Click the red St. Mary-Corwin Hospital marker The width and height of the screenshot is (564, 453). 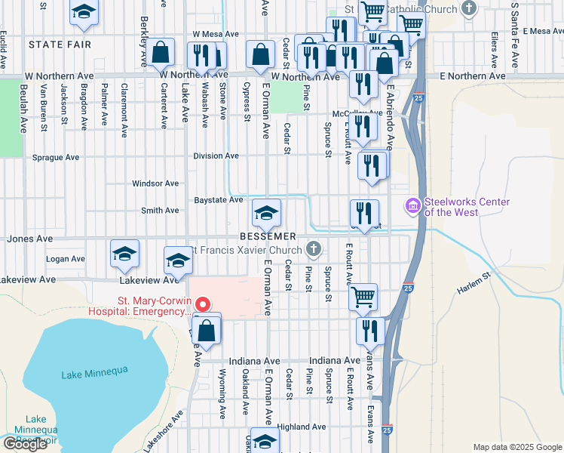(201, 304)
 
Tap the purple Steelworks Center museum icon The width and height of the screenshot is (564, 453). (412, 205)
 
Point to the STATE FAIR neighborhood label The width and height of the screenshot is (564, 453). (60, 45)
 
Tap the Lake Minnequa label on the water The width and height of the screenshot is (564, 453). (94, 369)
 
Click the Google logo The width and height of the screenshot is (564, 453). (26, 444)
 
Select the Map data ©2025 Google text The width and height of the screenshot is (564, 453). (517, 447)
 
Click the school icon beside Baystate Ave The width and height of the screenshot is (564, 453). (265, 214)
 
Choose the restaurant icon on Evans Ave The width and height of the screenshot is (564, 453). (370, 330)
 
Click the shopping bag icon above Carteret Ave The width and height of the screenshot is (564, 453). (161, 53)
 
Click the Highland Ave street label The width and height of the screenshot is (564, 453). (301, 427)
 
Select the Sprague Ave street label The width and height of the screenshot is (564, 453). (56, 158)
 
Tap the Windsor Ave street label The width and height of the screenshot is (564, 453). (155, 183)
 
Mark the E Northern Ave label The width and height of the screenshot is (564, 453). (473, 76)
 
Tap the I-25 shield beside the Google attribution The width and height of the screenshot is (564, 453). (387, 430)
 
